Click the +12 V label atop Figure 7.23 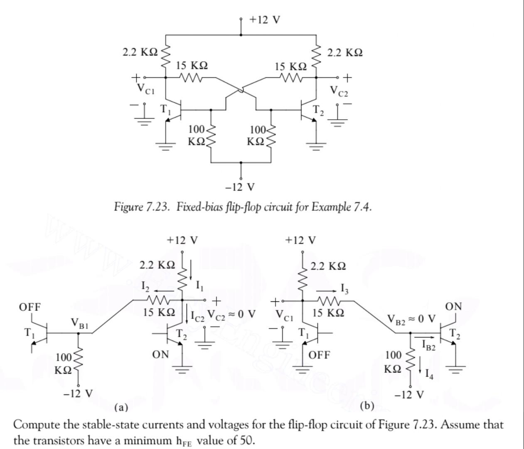pos(265,20)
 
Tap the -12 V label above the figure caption pos(240,187)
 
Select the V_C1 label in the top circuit pos(146,89)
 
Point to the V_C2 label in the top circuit pos(339,91)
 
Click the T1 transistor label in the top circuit pos(166,109)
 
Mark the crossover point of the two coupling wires pos(240,90)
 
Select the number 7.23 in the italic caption pos(157,207)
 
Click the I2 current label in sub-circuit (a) pos(145,287)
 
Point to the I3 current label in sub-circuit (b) pos(344,289)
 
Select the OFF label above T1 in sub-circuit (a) pos(30,307)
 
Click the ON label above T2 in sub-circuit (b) pos(454,307)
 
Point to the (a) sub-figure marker pos(121,407)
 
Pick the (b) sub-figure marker pos(367,406)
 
